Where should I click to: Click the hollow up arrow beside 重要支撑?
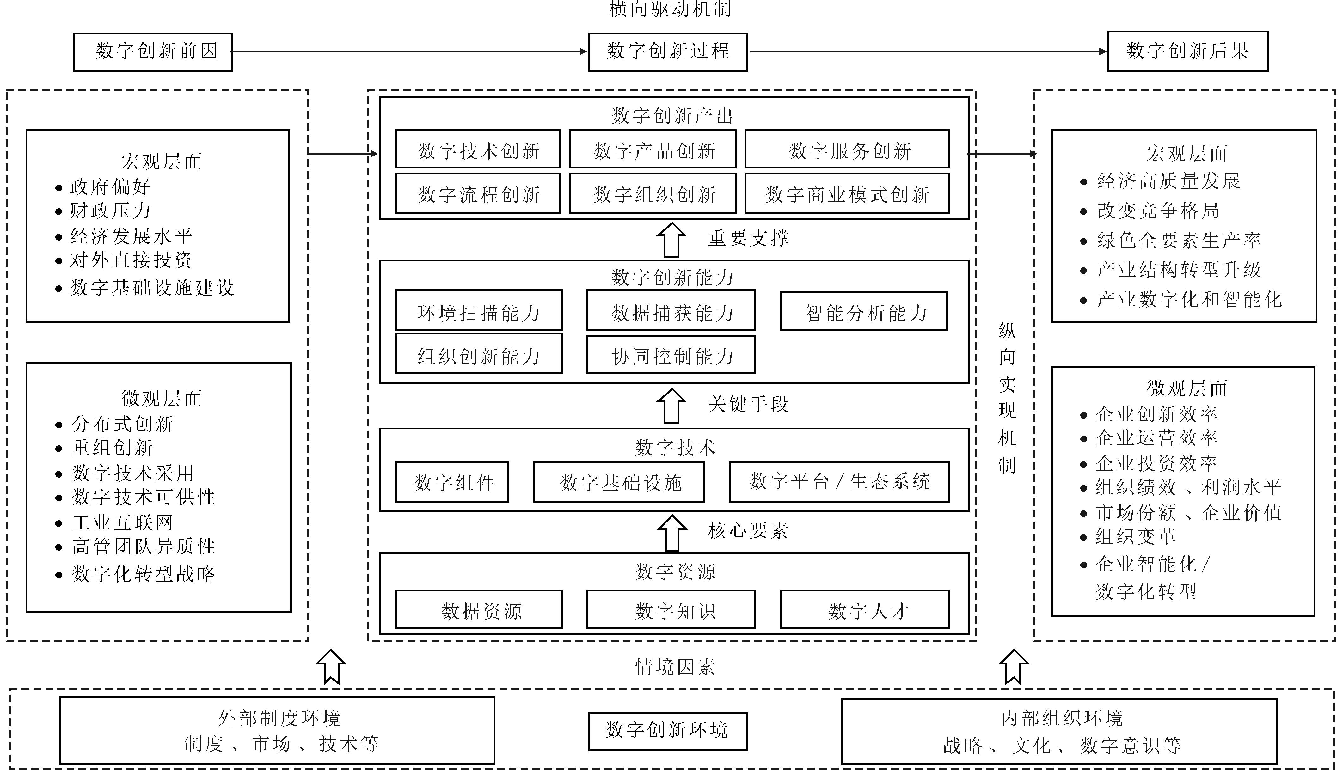click(671, 240)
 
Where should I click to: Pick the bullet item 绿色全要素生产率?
click(1179, 241)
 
